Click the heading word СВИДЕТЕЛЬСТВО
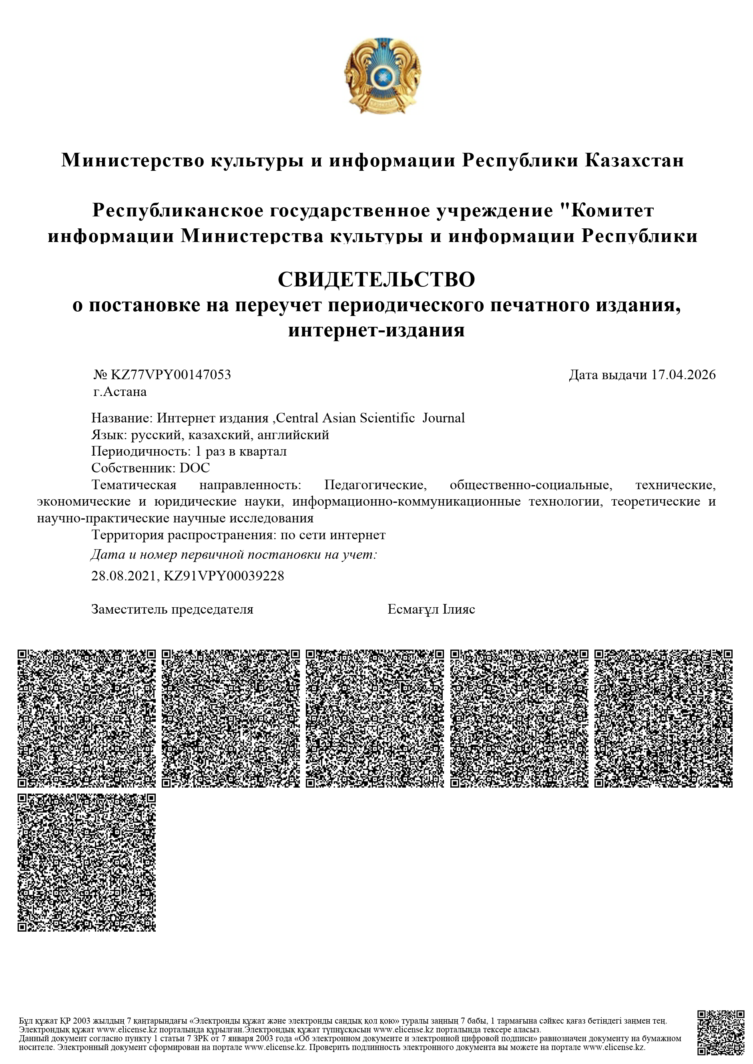click(x=376, y=280)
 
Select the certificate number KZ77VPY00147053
click(x=170, y=374)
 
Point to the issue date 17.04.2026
click(x=683, y=374)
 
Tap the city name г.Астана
click(x=119, y=392)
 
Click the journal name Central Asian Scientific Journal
click(x=370, y=418)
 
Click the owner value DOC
click(x=195, y=468)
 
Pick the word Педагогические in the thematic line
click(x=375, y=485)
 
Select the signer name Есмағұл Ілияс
click(x=431, y=609)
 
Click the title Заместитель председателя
click(x=173, y=609)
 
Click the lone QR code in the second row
click(x=87, y=862)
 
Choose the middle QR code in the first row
click(x=375, y=718)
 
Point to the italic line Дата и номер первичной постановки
click(x=234, y=554)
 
